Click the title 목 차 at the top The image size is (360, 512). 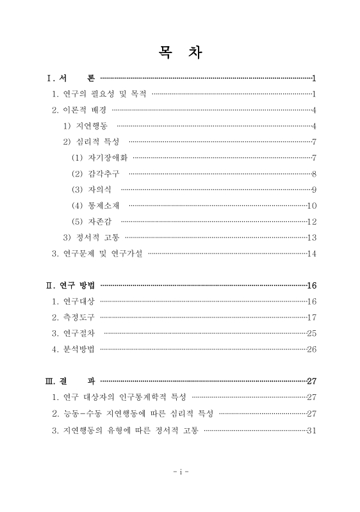[180, 52]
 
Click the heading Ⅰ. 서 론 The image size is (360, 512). [71, 79]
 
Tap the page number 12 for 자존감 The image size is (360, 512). [312, 221]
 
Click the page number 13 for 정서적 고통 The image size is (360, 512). [312, 237]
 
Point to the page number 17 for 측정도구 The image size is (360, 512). [312, 317]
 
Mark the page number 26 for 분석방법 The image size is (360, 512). [312, 349]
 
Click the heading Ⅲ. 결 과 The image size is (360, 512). [70, 380]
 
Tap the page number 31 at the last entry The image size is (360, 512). [312, 429]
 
